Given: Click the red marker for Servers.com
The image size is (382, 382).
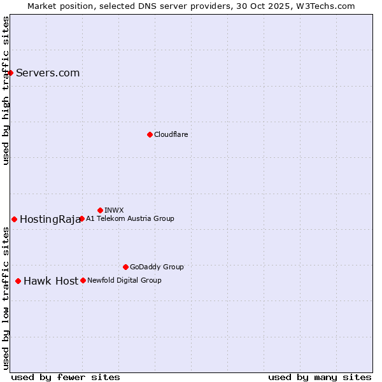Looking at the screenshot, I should pos(11,73).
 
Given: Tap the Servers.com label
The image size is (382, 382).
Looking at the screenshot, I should pos(48,73).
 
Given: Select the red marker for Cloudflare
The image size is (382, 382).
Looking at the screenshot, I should pos(150,134).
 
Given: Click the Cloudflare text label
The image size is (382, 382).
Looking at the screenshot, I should pos(171,134).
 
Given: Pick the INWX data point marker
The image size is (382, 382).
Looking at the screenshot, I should pos(100,210).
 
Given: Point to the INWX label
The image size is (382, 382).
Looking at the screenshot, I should pos(114,210).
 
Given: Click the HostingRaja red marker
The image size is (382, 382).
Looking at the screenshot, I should pos(14,219).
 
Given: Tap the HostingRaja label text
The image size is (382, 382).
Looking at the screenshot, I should pos(50,220).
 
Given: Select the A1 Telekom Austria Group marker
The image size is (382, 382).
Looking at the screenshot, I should pos(81,218).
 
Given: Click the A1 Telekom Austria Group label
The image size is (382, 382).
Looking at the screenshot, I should pos(130,218).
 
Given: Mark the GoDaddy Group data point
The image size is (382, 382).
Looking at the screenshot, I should pos(125,267).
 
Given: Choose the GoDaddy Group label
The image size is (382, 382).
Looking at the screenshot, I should pos(157,267).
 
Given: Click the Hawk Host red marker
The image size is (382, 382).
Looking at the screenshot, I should pos(18,281).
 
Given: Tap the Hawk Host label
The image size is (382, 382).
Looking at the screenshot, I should pos(51,281).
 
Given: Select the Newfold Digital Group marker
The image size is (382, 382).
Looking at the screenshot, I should pos(83,280).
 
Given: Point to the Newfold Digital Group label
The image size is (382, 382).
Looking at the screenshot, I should pos(124,280).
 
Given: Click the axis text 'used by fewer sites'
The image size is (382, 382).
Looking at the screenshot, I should pos(66,377).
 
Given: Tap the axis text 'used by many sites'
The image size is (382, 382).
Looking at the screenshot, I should pos(320,377).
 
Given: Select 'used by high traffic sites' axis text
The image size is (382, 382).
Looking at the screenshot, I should pos(6,90).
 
